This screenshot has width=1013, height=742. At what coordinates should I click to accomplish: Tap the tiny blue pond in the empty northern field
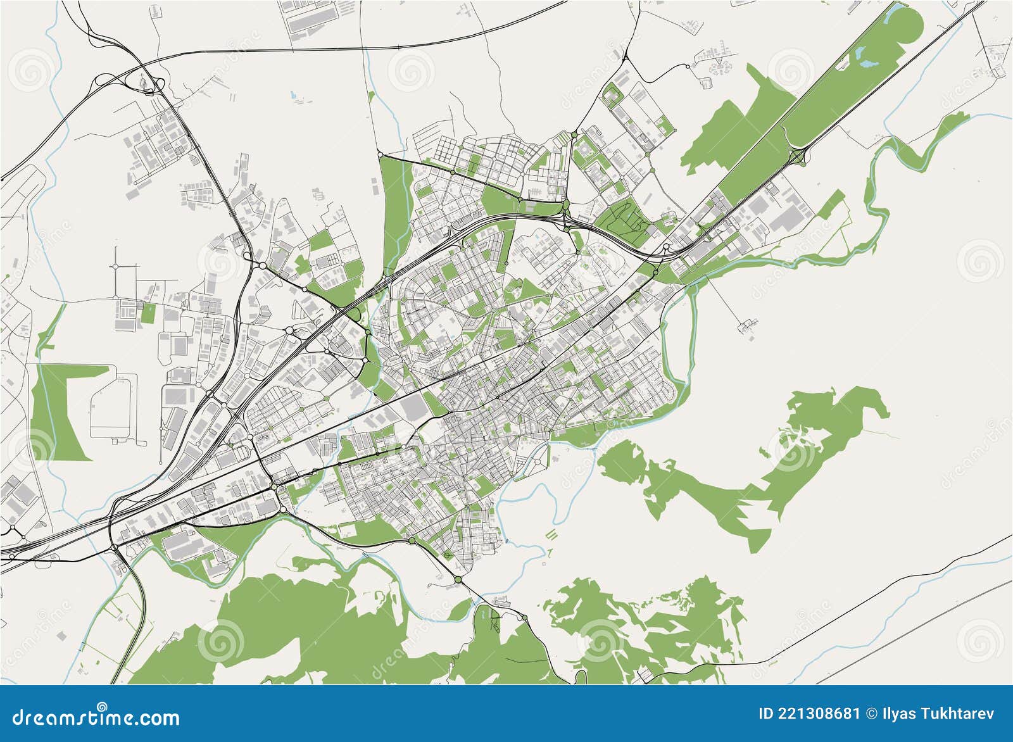[x=293, y=96]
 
